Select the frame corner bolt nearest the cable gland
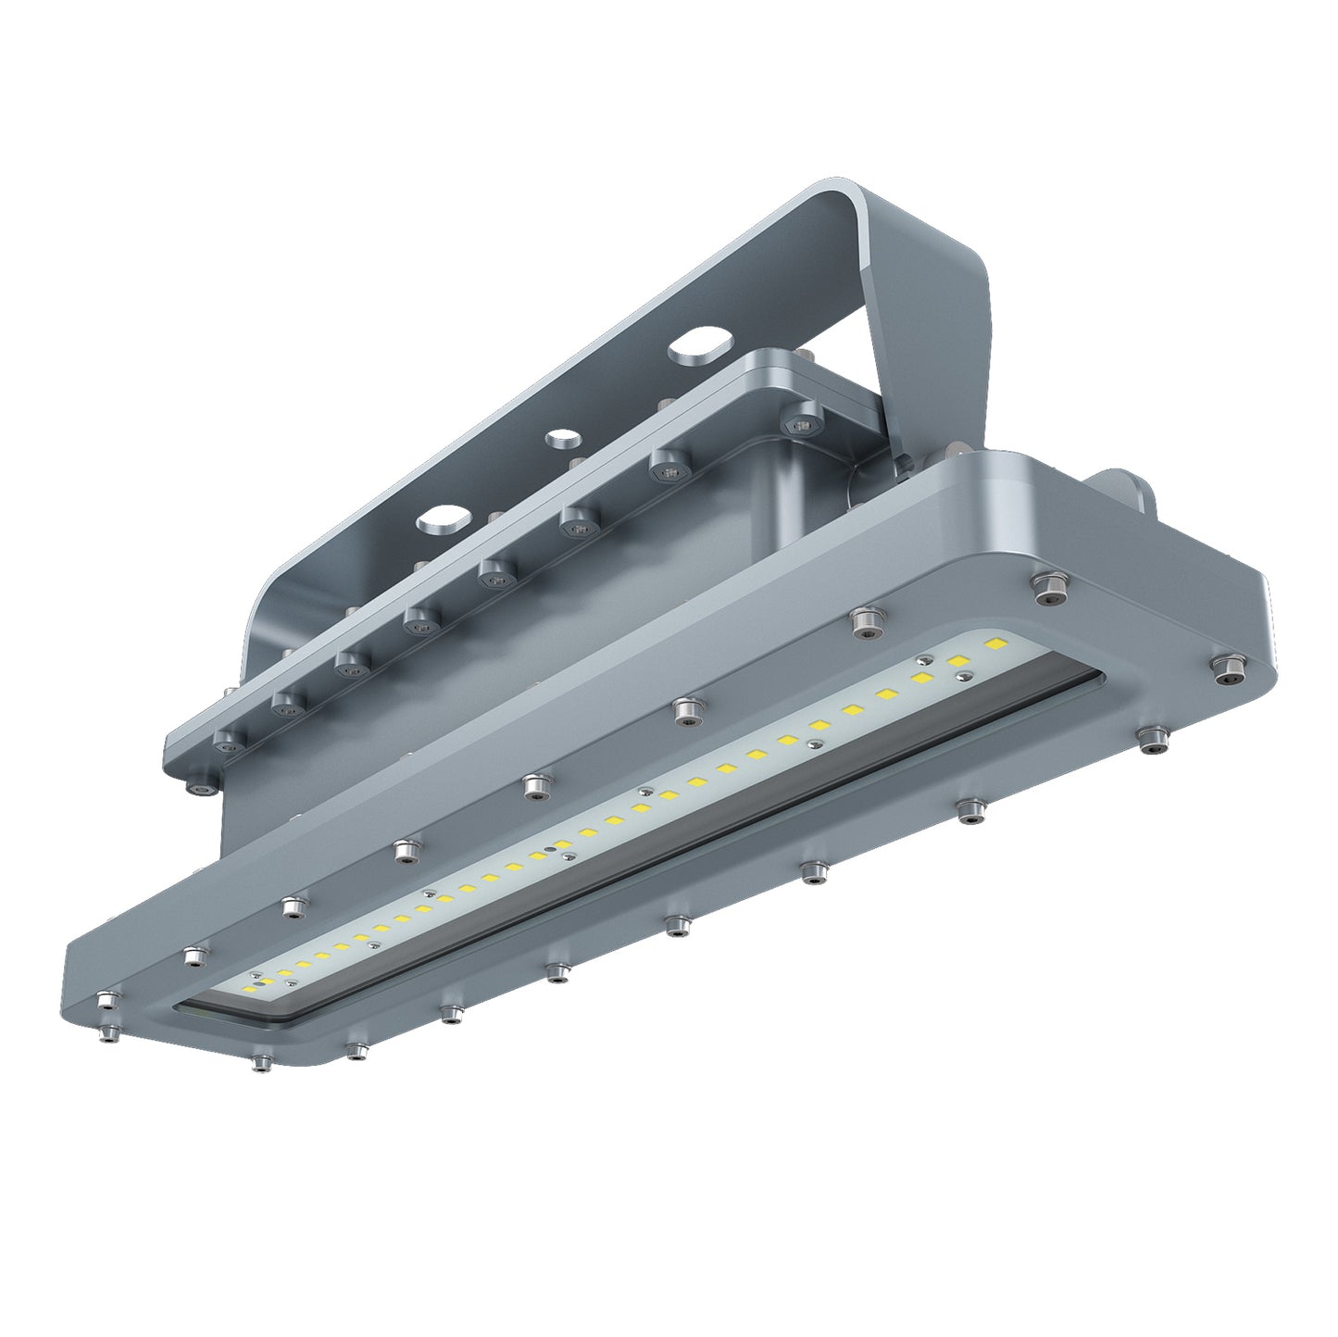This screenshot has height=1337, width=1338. click(1048, 585)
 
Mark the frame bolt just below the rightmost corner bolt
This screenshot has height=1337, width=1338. click(1151, 740)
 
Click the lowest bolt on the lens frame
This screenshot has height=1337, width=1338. click(262, 1062)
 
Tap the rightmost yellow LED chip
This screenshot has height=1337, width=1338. click(997, 643)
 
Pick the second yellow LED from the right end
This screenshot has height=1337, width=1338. click(959, 661)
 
